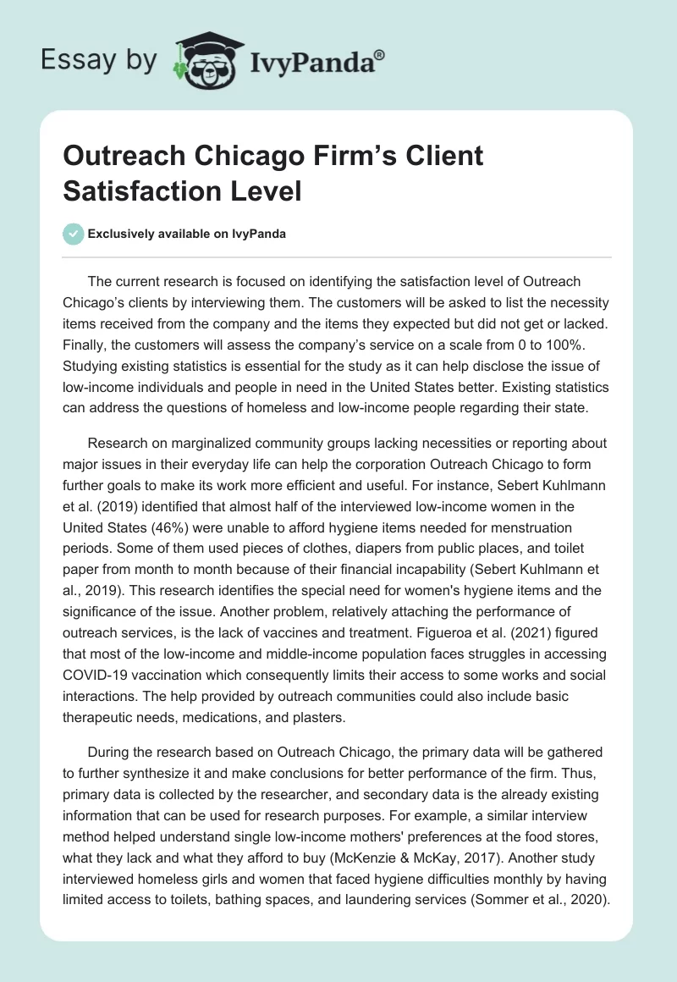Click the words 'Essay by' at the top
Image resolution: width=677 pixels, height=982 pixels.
point(99,61)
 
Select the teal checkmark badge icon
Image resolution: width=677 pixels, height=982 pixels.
point(74,234)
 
